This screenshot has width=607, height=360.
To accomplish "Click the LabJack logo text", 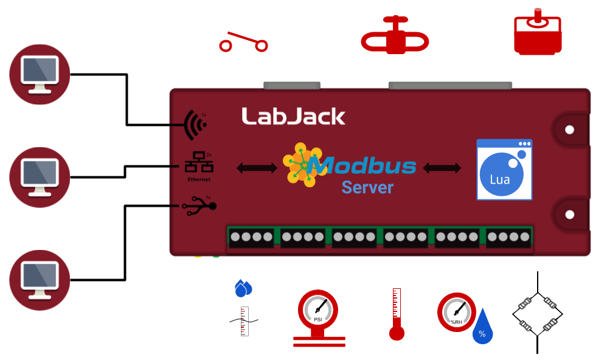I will click(x=293, y=116).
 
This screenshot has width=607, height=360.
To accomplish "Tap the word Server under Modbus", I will click(x=367, y=187).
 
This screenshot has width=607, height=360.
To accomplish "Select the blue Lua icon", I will click(x=504, y=170).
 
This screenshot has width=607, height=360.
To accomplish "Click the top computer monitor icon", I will click(x=40, y=74).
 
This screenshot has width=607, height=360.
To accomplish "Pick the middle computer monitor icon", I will click(x=40, y=177).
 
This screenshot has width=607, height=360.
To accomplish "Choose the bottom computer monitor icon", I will click(x=40, y=280).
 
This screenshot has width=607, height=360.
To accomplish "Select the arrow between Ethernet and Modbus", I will click(x=257, y=168).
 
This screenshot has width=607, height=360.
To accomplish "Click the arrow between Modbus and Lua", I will click(x=442, y=168).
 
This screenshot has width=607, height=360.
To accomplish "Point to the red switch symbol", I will click(x=243, y=43).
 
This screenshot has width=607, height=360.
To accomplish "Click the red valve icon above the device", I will click(x=395, y=38).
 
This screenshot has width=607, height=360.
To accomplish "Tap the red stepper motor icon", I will click(x=538, y=34).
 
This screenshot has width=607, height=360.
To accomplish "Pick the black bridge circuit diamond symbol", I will click(x=536, y=314).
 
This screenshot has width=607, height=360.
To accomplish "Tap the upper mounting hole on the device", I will click(x=570, y=130).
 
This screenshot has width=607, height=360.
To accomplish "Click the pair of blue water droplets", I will click(x=243, y=288).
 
